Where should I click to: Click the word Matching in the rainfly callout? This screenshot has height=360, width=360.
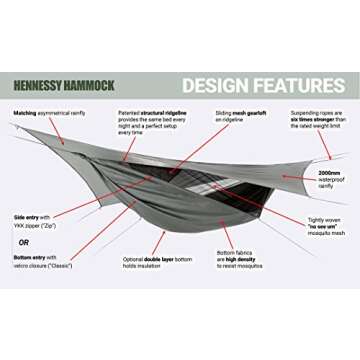pos(26,114)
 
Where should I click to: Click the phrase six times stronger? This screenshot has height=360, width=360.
pos(311,120)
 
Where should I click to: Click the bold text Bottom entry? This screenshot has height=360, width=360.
pos(30,255)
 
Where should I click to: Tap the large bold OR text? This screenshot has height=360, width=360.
pos(23,240)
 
